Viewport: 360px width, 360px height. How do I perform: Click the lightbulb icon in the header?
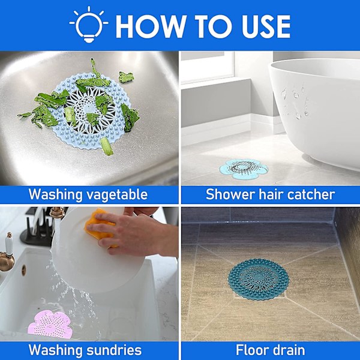tap(89, 25)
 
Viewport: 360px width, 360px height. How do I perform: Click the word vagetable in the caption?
tap(118, 195)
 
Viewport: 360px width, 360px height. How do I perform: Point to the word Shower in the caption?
tap(230, 194)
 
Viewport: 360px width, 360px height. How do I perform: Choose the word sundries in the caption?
tap(114, 350)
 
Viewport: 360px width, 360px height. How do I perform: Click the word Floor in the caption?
tap(251, 350)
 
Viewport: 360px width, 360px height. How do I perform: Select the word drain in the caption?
tap(287, 350)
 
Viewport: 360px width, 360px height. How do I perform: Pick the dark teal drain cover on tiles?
tap(258, 279)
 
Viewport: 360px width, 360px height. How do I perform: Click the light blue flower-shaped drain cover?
tap(244, 169)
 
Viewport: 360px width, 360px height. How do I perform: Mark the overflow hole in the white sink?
tap(24, 270)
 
